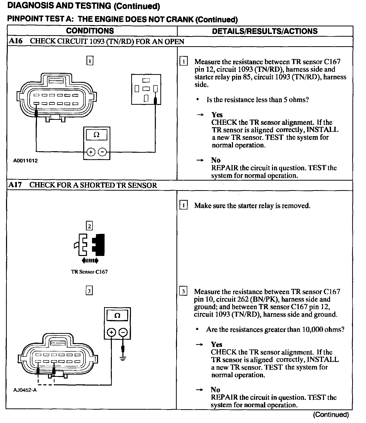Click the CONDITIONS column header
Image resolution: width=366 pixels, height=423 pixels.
pos(90,31)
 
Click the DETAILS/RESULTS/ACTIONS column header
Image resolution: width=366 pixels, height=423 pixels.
pos(265,31)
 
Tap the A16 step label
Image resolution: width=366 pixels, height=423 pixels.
pos(16,41)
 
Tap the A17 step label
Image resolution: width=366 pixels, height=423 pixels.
pos(15,185)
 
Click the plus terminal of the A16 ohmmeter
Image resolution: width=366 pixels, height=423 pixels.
pos(91,152)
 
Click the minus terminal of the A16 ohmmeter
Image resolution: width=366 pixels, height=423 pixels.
pos(102,152)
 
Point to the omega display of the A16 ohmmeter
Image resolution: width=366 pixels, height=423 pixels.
pos(97,135)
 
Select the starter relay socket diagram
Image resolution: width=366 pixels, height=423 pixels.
pos(146,89)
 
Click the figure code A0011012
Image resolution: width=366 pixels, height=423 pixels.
pos(25,161)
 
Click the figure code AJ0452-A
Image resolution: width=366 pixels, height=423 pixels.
pos(25,390)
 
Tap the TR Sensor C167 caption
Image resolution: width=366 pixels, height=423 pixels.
pos(89,272)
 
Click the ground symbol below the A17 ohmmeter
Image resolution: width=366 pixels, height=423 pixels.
pos(123,358)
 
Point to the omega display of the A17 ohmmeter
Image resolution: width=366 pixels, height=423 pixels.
pos(117,315)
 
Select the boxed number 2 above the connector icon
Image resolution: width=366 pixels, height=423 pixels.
pos(89,226)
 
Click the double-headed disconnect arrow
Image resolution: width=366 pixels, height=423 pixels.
pos(90,261)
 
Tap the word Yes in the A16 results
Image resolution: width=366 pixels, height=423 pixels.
pos(217,115)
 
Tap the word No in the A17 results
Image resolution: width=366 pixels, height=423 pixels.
pos(215,390)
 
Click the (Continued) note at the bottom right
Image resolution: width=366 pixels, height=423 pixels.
pos(331,414)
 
